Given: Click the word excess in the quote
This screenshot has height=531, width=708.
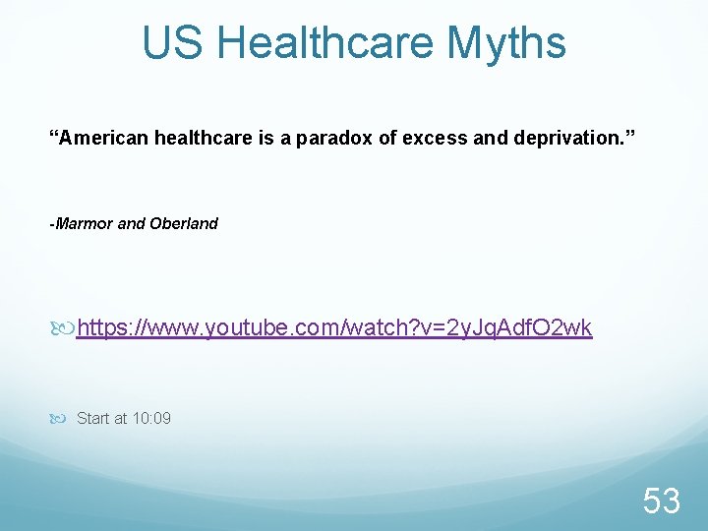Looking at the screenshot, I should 434,139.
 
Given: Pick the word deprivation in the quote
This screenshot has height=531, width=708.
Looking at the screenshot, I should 571,139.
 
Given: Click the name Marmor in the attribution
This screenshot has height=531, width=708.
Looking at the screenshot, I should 85,223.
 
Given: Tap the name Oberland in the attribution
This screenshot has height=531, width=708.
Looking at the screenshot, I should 184,223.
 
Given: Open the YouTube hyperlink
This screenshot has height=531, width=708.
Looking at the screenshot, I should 334,327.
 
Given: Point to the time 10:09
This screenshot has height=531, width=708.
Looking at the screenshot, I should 151,419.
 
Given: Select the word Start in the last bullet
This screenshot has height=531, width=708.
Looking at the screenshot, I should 93,419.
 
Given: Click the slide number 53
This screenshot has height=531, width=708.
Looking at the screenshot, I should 662,501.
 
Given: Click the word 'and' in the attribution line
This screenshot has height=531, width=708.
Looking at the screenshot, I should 132,223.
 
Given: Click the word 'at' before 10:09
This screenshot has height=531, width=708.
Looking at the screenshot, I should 122,419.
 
